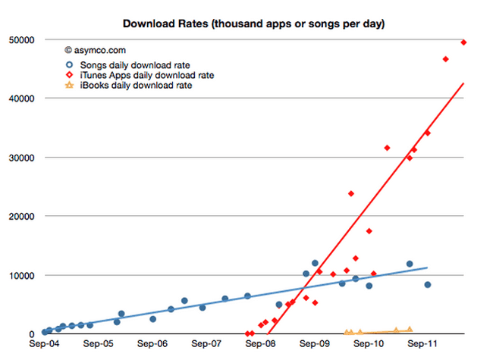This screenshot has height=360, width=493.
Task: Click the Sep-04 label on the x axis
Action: point(46,343)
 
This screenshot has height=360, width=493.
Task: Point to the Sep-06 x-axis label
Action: point(153,343)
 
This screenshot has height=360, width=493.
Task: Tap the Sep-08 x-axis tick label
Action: point(260,343)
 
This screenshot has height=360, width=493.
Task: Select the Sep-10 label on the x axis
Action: point(368,343)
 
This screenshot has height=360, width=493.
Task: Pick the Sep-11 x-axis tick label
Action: point(422,343)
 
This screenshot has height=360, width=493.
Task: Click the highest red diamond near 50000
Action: point(463,42)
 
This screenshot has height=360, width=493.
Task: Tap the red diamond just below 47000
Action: point(446,59)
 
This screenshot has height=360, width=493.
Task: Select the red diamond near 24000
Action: point(351,194)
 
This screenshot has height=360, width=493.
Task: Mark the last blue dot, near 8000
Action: point(428,285)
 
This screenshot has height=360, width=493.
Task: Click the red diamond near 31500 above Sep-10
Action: point(387,148)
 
